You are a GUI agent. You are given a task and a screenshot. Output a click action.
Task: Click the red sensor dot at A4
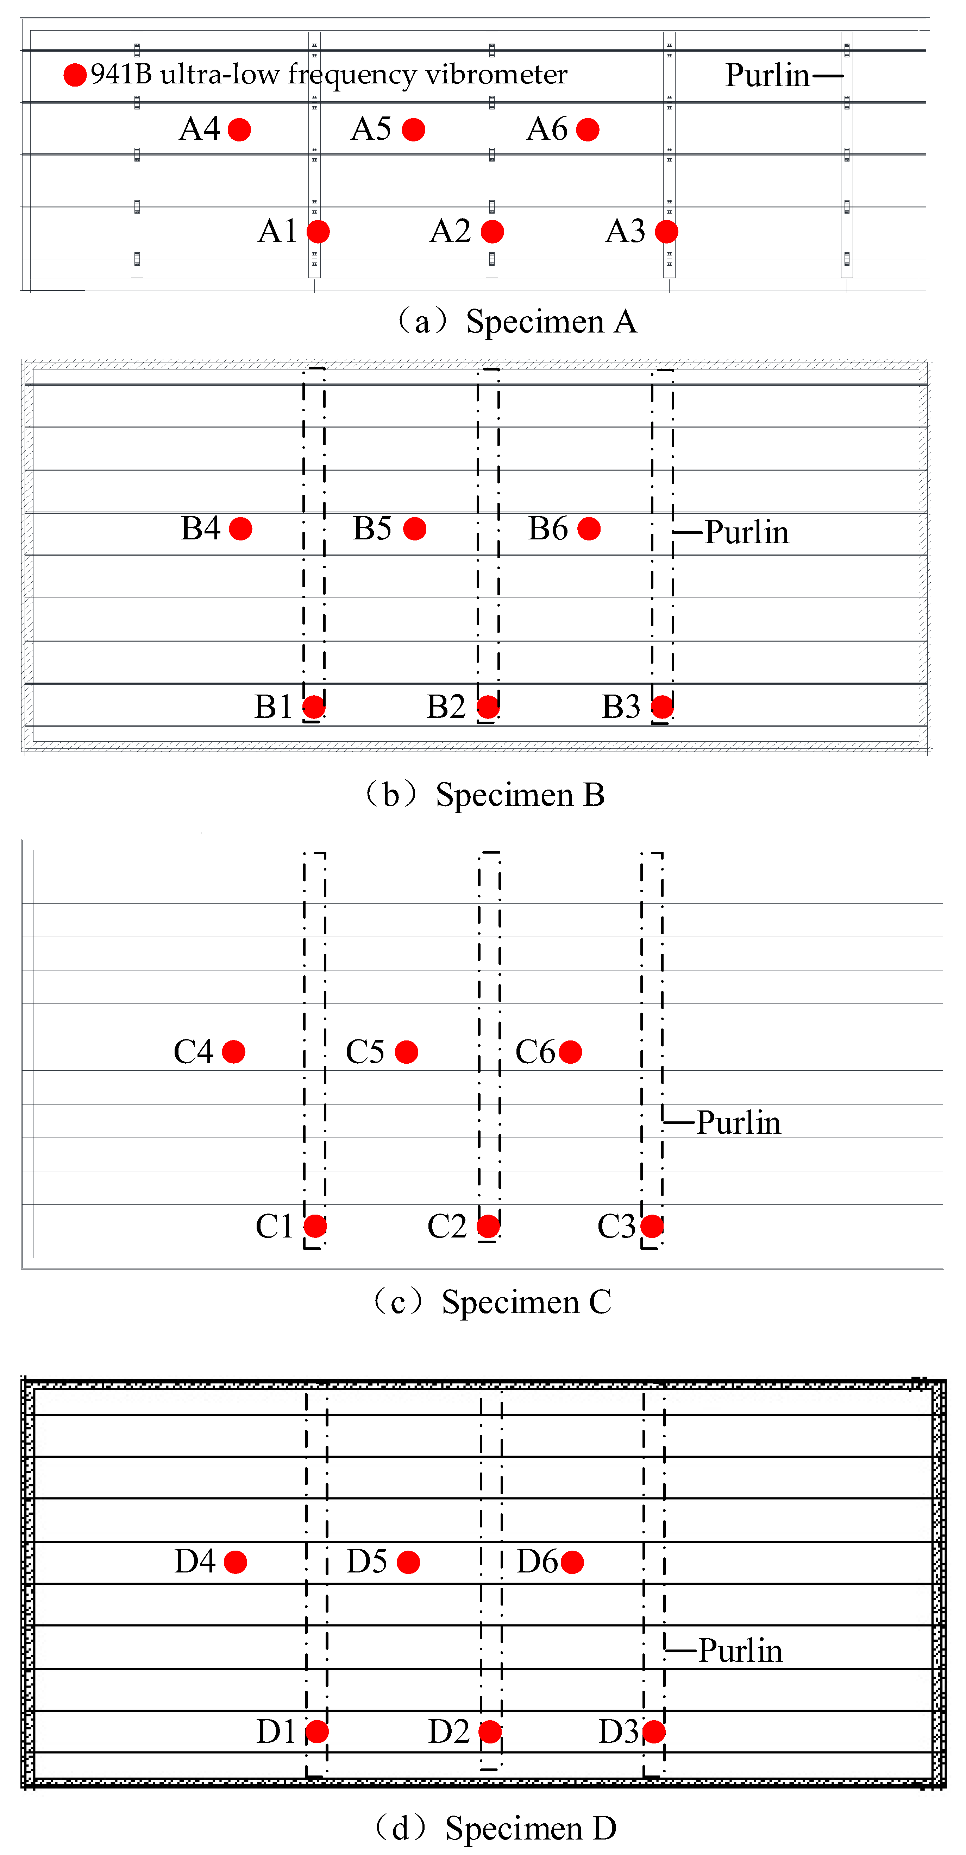tap(239, 129)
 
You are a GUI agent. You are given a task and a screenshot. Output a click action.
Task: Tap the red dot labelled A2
tap(492, 232)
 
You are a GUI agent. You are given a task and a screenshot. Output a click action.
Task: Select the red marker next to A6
tap(588, 129)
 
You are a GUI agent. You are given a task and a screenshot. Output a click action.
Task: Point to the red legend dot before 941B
tap(75, 74)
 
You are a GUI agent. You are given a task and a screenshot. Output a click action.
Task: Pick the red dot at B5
tap(415, 528)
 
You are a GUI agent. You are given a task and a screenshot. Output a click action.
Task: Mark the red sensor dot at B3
tap(662, 707)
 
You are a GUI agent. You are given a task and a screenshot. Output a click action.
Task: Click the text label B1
tap(273, 707)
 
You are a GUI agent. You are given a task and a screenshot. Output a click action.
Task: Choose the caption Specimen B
tap(520, 795)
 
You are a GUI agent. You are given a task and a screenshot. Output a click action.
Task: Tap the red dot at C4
tap(233, 1052)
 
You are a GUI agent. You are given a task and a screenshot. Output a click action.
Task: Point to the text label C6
tap(534, 1052)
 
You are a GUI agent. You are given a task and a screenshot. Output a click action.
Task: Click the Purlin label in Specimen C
tap(738, 1123)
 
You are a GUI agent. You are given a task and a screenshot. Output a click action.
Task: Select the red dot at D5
tap(408, 1562)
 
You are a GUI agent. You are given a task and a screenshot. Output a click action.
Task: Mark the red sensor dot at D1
tap(317, 1732)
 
